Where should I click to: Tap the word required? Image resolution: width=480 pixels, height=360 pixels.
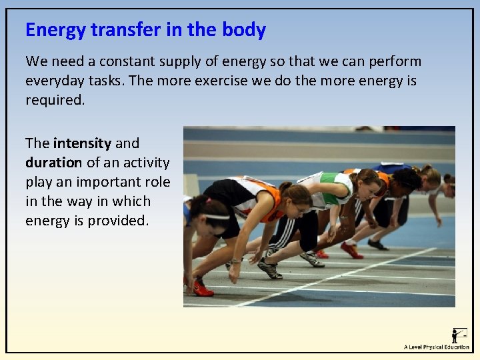(x=55, y=101)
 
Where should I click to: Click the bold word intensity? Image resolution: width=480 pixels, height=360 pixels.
(x=82, y=143)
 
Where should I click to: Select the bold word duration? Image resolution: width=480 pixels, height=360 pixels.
(x=53, y=162)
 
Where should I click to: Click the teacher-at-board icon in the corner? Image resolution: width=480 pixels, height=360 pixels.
(x=459, y=335)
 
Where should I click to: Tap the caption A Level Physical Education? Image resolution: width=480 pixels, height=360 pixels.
(x=436, y=347)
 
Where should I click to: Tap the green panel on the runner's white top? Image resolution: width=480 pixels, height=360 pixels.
(x=327, y=178)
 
